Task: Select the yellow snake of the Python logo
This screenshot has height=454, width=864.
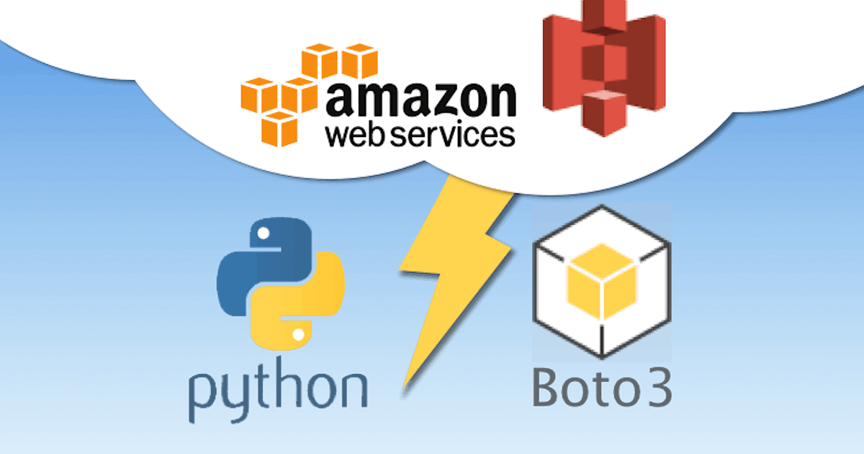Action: coord(306,310)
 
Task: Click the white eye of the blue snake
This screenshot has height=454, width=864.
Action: coord(264,233)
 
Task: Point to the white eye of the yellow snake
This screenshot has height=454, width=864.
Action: coord(298,334)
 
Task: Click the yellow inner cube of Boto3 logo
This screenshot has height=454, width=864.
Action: coord(602,285)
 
